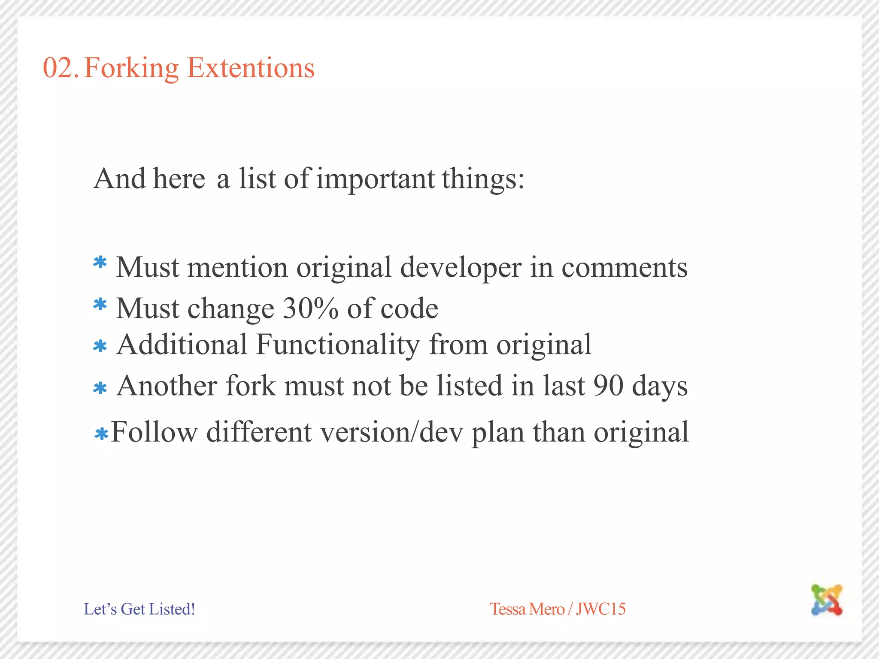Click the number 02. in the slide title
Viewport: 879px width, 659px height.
click(x=61, y=68)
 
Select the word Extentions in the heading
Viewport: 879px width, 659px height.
click(x=251, y=68)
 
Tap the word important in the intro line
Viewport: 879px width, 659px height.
click(x=376, y=179)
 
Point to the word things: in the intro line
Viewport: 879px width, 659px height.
click(x=483, y=179)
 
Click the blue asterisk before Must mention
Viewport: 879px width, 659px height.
click(x=100, y=263)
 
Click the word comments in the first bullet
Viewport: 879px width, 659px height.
click(x=624, y=267)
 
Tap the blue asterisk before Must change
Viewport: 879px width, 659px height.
click(x=100, y=305)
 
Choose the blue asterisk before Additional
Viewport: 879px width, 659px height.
click(x=100, y=346)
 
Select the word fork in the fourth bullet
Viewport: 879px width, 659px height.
click(x=251, y=385)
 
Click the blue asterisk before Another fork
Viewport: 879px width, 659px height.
click(x=100, y=388)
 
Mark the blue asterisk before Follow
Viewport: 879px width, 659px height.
click(x=101, y=435)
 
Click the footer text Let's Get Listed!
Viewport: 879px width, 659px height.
click(x=139, y=609)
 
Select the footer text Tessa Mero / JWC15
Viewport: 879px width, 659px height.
click(x=558, y=609)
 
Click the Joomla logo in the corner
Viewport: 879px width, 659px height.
click(x=827, y=599)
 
